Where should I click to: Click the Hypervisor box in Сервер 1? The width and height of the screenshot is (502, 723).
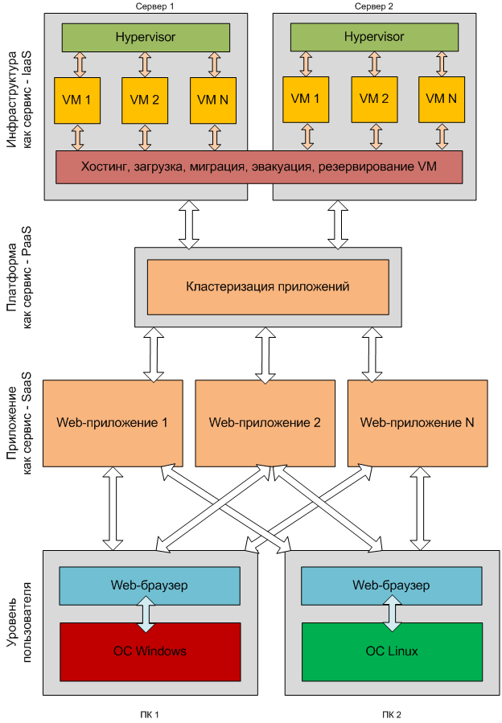[x=146, y=37]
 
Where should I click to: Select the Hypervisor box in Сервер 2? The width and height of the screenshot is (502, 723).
[x=374, y=37]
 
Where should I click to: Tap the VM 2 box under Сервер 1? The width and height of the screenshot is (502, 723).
[x=146, y=100]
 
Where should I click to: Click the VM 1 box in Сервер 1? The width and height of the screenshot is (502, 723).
[x=77, y=100]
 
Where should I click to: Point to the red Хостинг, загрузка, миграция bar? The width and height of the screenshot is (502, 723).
[x=259, y=167]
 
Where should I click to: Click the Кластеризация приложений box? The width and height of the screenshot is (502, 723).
[x=267, y=286]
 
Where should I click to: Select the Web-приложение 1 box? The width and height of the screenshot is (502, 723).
[x=112, y=422]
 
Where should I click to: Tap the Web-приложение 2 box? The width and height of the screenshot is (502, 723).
[x=265, y=422]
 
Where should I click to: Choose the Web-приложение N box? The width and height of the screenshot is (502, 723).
[x=417, y=422]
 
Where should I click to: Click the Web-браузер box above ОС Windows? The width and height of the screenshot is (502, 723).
[x=150, y=585]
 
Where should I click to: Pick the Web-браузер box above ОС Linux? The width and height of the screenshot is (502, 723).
[x=391, y=585]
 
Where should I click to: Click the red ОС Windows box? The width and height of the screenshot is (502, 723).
[x=150, y=651]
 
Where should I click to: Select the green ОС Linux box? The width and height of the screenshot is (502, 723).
[x=391, y=651]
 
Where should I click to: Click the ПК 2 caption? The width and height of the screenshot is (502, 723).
[x=391, y=713]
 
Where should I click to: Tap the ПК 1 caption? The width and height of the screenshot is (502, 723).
[x=150, y=713]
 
